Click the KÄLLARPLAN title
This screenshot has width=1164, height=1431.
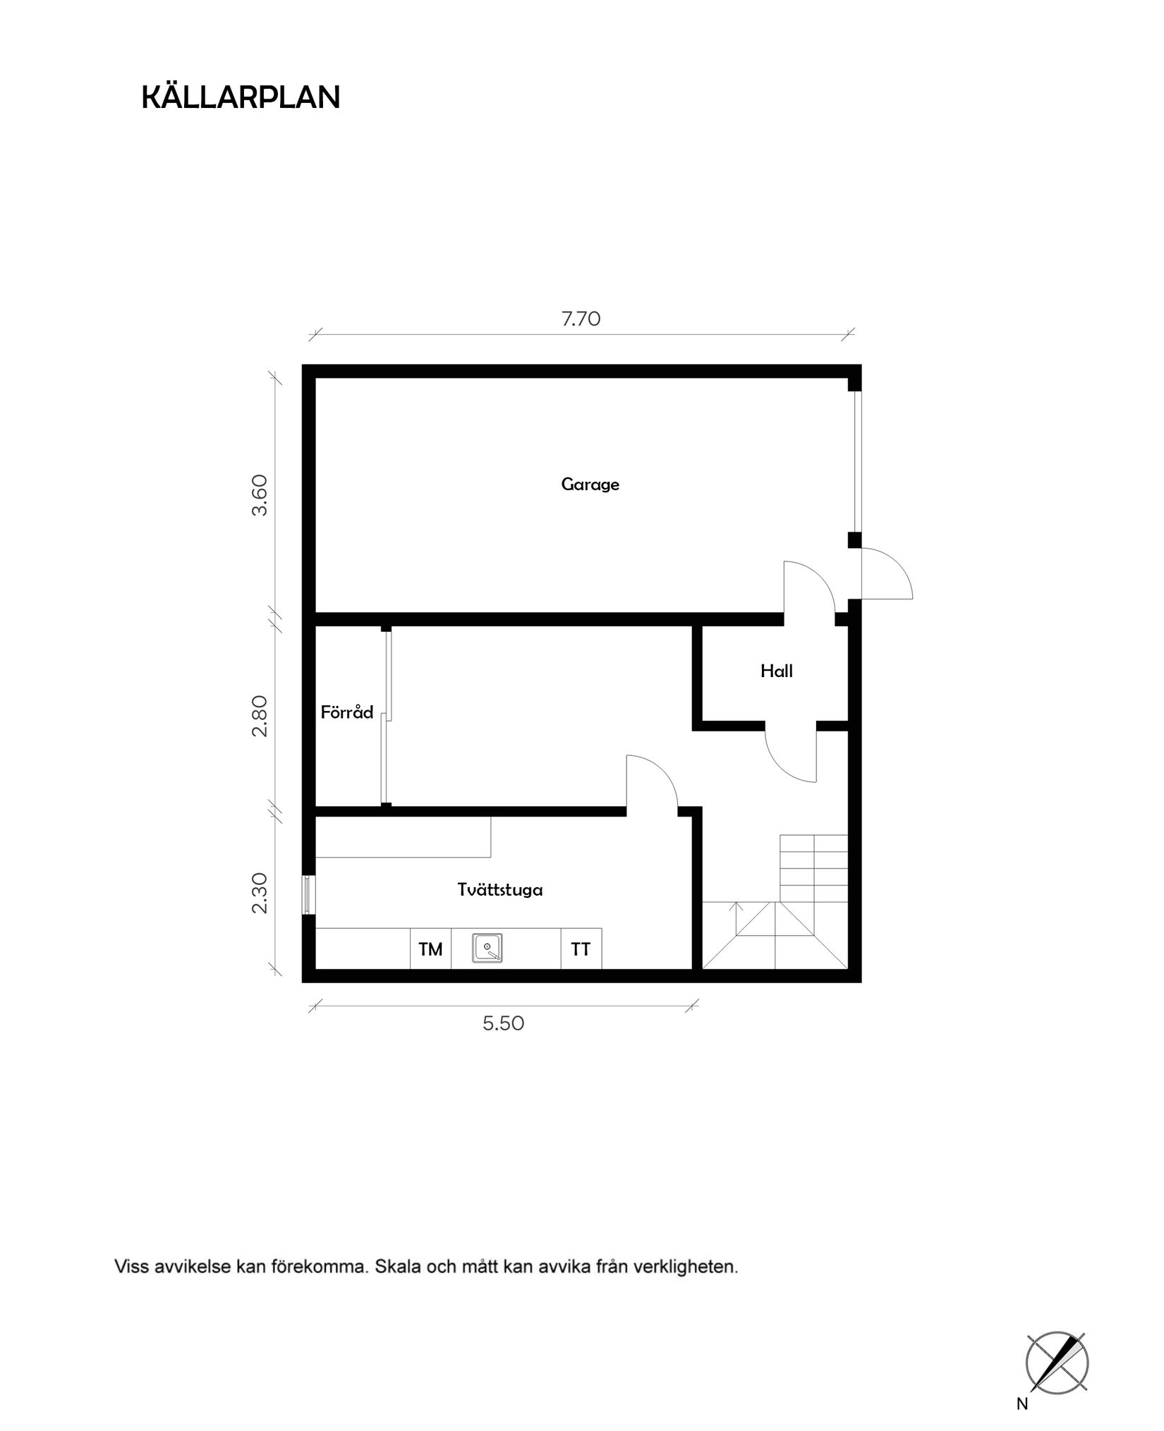point(241,97)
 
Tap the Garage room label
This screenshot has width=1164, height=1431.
point(590,485)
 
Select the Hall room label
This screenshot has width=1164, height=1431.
point(776,671)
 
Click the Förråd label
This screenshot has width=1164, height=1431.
point(346,712)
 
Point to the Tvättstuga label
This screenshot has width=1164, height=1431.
point(499,889)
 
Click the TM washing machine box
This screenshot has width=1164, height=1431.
point(430,949)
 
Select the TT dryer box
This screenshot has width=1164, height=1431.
point(581,949)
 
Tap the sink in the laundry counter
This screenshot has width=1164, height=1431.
point(487,948)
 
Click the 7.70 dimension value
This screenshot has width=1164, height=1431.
point(581,319)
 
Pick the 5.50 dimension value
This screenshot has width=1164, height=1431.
point(503,1023)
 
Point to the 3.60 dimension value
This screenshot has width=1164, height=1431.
point(260,495)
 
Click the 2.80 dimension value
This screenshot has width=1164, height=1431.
point(260,716)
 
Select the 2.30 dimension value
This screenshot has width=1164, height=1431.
point(260,893)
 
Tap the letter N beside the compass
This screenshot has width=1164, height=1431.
point(1022,1404)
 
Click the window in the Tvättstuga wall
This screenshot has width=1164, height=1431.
point(308,895)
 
